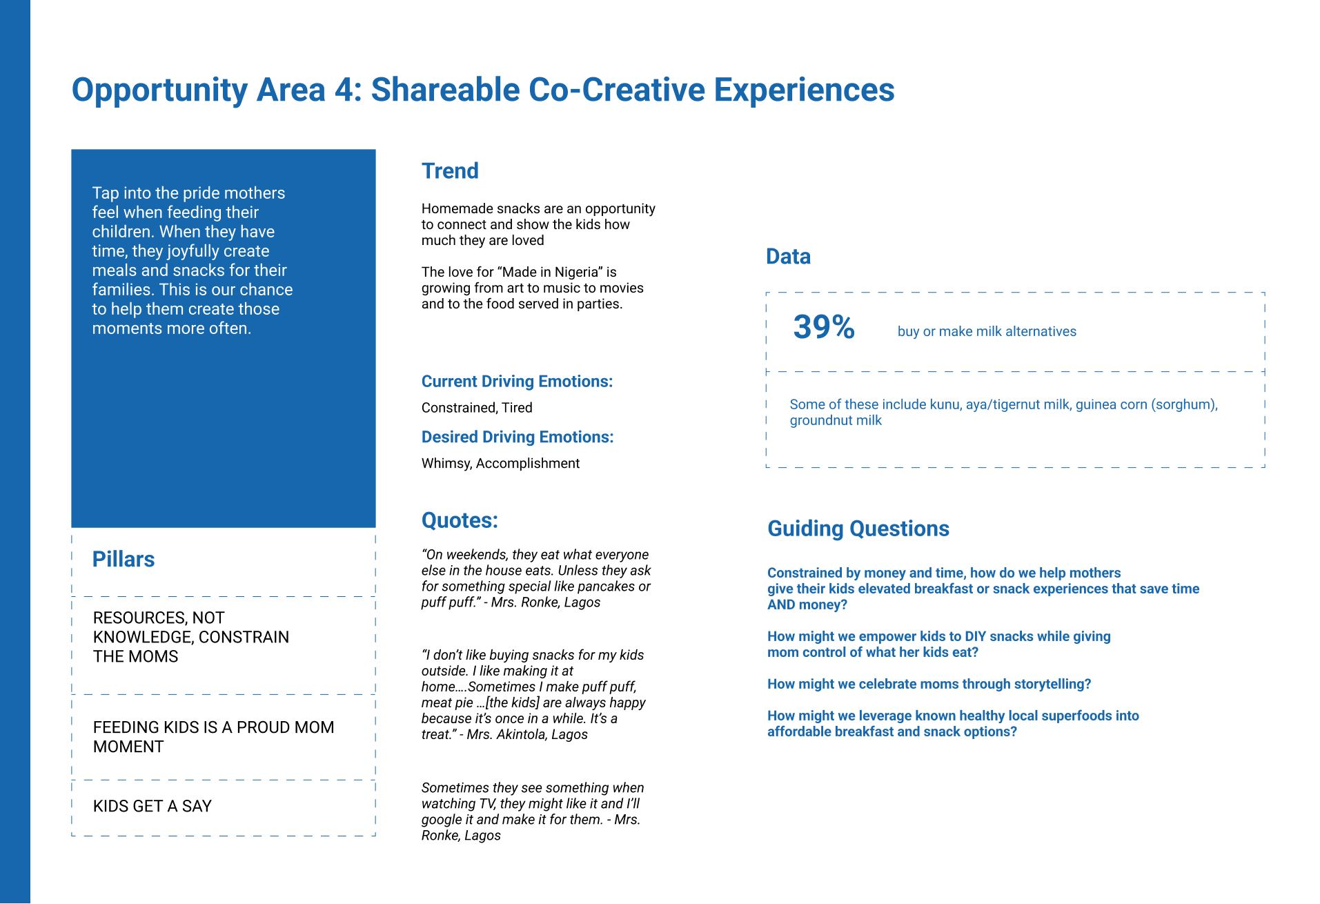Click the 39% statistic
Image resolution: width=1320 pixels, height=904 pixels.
coord(824,327)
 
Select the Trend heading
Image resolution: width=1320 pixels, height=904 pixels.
coord(450,170)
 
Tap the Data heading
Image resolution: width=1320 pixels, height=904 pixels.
coord(788,257)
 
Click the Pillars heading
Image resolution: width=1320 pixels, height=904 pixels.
coord(124,559)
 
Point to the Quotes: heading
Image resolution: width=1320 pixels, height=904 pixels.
coord(460,520)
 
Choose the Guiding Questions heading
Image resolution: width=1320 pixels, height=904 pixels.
coord(858,529)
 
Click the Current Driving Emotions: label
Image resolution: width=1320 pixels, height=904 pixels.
coord(517,382)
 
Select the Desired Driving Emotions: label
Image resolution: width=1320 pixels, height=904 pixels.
coord(518,438)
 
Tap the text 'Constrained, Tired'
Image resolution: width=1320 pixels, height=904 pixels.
coord(477,408)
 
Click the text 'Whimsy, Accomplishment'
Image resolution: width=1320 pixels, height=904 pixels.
coord(500,464)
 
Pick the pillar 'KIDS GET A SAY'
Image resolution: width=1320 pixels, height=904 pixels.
coord(152,806)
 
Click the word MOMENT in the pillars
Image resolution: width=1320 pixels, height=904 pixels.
coord(128,747)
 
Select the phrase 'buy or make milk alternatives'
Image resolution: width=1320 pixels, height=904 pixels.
coord(987,332)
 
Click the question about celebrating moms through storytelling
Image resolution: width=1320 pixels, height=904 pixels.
coord(929,684)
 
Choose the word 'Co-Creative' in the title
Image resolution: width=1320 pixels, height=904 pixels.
coord(615,90)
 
